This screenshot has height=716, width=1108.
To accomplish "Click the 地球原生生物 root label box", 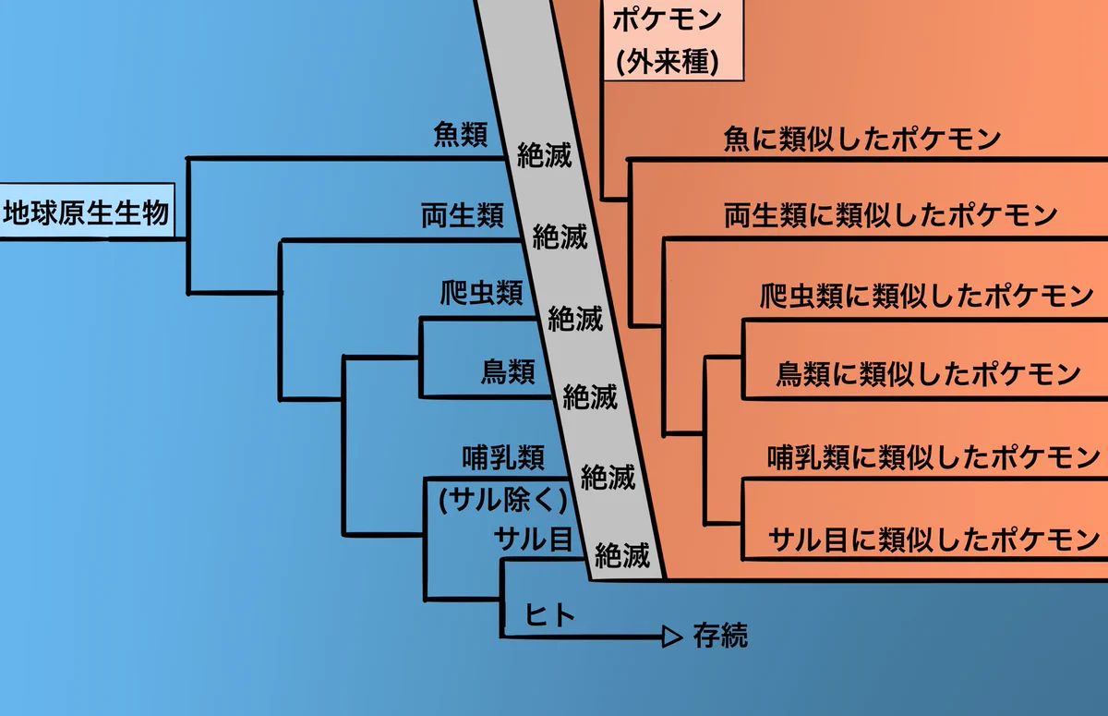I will (x=87, y=214).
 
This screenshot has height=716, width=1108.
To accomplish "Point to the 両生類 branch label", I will (x=463, y=217).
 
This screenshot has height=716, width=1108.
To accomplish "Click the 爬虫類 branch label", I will (x=482, y=294).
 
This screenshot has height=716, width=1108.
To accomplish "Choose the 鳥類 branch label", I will (x=508, y=372).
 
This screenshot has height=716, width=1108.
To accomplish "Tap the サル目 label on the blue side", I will (x=533, y=538).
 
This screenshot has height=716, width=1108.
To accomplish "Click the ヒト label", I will (x=544, y=614).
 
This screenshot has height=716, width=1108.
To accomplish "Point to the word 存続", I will (x=719, y=636).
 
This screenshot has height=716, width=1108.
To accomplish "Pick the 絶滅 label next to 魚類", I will (x=544, y=155).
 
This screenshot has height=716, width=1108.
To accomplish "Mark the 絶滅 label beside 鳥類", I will (x=590, y=397).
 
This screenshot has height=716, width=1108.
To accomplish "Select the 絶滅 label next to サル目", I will (x=622, y=555).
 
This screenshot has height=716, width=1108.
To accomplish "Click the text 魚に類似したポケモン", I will (x=863, y=140).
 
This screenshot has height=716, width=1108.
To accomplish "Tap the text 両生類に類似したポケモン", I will (x=890, y=216).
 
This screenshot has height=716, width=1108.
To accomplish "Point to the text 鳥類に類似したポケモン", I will (x=928, y=374).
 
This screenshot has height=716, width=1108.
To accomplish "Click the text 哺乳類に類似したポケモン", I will (x=933, y=456).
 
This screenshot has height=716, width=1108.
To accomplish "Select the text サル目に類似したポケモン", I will (x=933, y=538).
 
